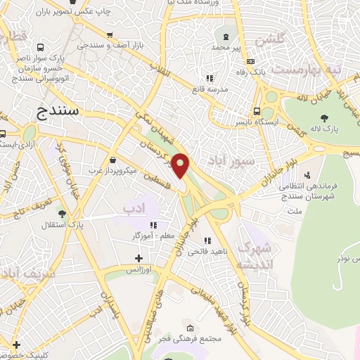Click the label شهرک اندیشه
pos(253,257)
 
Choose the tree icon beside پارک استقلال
pos(63,213)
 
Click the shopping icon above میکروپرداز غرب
pos(113,160)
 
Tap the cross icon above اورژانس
pos(139,258)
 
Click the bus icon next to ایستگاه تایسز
pos(258,110)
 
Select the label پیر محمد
pos(226,47)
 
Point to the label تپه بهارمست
pos(306,70)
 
